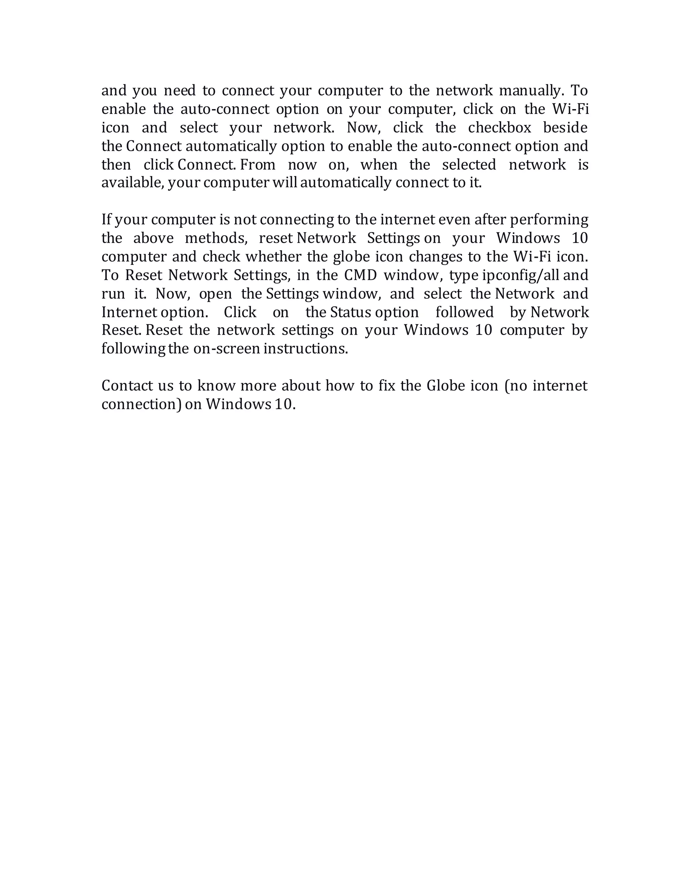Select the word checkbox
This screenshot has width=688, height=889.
(x=500, y=128)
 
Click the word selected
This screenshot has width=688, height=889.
(x=469, y=165)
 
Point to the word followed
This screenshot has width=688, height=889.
(x=464, y=312)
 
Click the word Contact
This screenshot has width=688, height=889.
(x=127, y=385)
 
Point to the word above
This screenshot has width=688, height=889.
(x=154, y=238)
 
